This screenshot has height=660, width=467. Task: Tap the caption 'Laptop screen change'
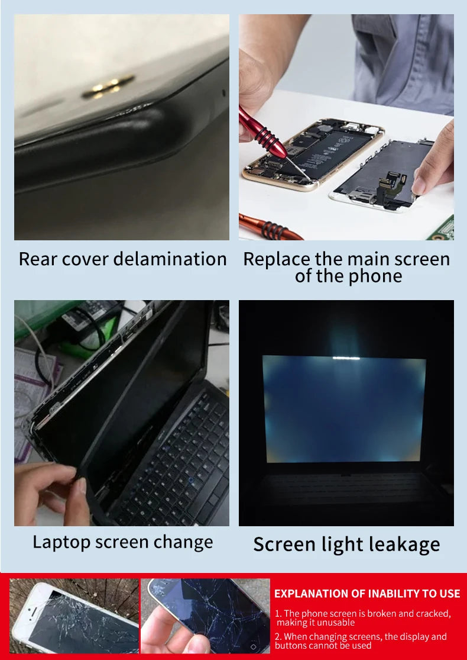pos(123,542)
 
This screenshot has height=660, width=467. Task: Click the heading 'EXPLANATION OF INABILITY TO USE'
pos(367,594)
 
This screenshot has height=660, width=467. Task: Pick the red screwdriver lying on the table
pos(269,228)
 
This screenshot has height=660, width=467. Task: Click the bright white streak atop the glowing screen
pos(346,358)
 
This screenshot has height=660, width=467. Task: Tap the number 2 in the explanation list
pos(278,637)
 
